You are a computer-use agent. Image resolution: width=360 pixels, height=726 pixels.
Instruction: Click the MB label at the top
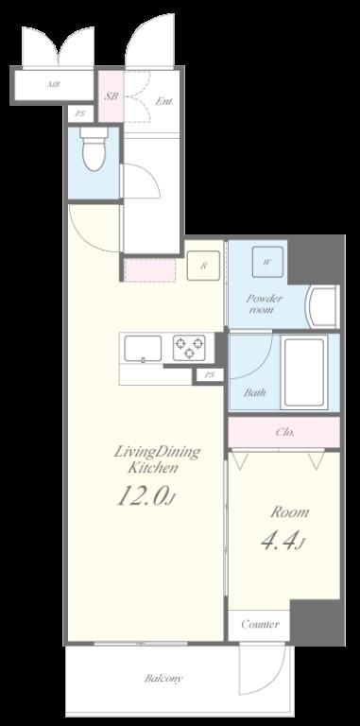pyautogui.click(x=54, y=85)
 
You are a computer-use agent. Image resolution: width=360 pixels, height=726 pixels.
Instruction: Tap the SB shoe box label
pyautogui.click(x=111, y=97)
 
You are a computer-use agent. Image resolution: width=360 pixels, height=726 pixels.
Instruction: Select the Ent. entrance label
pyautogui.click(x=163, y=100)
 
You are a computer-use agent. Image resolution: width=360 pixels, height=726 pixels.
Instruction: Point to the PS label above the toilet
pyautogui.click(x=79, y=115)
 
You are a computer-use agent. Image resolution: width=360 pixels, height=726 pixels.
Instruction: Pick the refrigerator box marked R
pyautogui.click(x=203, y=266)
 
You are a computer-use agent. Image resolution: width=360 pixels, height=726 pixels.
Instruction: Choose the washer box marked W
pyautogui.click(x=267, y=262)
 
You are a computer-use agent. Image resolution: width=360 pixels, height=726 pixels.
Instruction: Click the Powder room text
pyautogui.click(x=265, y=302)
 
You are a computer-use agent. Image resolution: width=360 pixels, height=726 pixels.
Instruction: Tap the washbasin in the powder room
pyautogui.click(x=323, y=304)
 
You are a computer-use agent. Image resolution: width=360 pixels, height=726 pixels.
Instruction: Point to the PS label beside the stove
pyautogui.click(x=209, y=375)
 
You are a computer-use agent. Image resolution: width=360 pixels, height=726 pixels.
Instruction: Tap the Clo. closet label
pyautogui.click(x=284, y=432)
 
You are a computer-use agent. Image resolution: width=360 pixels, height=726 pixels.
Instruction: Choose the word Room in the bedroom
pyautogui.click(x=289, y=511)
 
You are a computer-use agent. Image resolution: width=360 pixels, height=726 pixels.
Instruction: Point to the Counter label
pyautogui.click(x=259, y=625)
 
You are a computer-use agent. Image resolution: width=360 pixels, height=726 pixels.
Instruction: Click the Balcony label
pyautogui.click(x=163, y=679)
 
